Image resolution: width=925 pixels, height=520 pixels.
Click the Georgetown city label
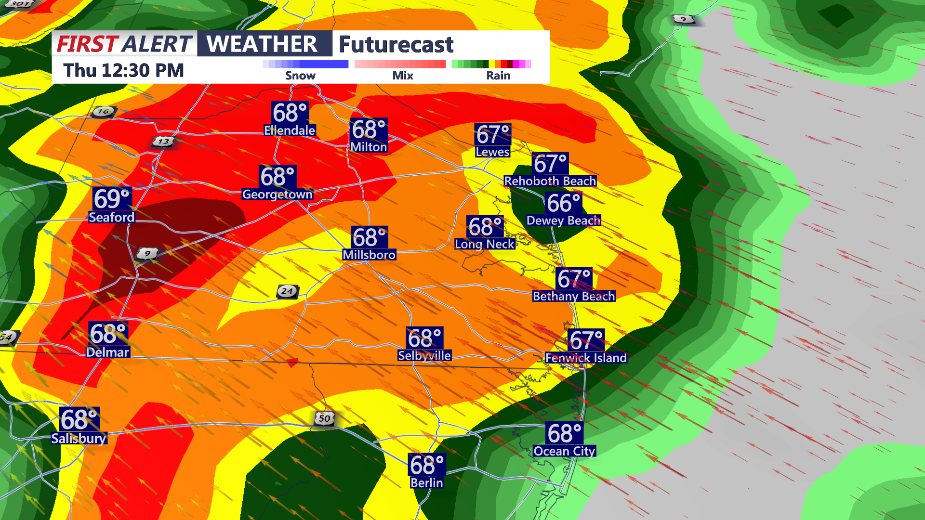click(x=277, y=194)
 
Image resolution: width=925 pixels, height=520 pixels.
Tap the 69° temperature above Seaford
click(x=112, y=198)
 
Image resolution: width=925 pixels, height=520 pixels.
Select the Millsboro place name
click(x=369, y=255)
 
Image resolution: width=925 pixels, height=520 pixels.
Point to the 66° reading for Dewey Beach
click(x=564, y=203)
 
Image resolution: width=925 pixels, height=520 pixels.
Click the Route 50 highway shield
click(x=324, y=418)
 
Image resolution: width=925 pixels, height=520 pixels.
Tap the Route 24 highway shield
click(x=287, y=291)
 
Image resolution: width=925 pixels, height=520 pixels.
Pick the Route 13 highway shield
click(x=163, y=141)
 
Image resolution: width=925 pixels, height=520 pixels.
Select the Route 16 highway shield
click(x=103, y=111)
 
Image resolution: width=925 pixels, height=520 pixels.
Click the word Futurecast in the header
click(x=396, y=44)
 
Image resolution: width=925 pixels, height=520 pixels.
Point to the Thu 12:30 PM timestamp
click(x=124, y=70)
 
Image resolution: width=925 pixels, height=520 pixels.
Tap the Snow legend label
click(x=300, y=76)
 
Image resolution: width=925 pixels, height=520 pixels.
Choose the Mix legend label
click(x=403, y=76)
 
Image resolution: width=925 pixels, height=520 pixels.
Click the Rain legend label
click(x=498, y=76)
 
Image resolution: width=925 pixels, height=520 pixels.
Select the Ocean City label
click(x=564, y=451)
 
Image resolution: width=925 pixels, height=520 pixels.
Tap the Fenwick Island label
click(x=586, y=358)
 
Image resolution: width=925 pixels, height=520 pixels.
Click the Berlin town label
click(x=426, y=482)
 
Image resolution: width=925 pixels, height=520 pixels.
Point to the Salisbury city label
click(x=79, y=438)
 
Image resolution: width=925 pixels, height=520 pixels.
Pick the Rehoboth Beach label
click(x=550, y=181)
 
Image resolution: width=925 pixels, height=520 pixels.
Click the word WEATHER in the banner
click(x=262, y=44)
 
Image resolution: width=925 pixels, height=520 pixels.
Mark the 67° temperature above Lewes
click(x=493, y=134)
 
